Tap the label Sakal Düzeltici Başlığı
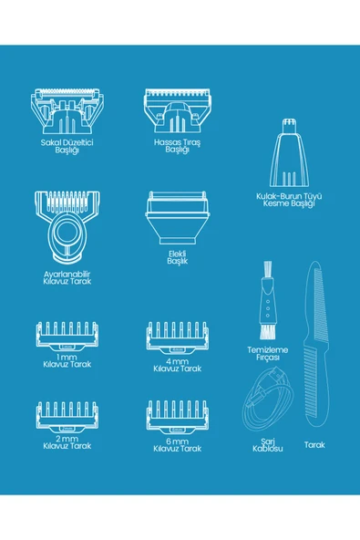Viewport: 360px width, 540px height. click(x=67, y=146)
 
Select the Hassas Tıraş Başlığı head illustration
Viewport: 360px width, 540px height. click(x=177, y=110)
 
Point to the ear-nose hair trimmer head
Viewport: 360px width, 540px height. click(x=289, y=152)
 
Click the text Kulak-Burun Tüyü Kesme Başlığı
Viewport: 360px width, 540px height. click(x=289, y=200)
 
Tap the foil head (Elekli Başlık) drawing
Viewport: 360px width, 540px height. click(x=177, y=218)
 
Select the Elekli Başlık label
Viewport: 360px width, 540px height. click(x=178, y=257)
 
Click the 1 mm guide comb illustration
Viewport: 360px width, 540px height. click(x=67, y=336)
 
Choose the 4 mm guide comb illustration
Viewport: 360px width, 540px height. click(x=177, y=337)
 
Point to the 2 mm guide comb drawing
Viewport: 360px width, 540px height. click(x=67, y=417)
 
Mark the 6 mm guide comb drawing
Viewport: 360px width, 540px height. click(x=177, y=417)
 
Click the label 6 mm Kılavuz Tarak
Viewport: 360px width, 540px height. click(x=177, y=445)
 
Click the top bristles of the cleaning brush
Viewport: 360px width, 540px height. click(x=267, y=270)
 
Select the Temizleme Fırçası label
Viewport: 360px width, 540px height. click(x=267, y=354)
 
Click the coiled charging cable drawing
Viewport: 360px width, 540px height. click(x=269, y=400)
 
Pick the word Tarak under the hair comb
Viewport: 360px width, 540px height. click(x=314, y=445)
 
